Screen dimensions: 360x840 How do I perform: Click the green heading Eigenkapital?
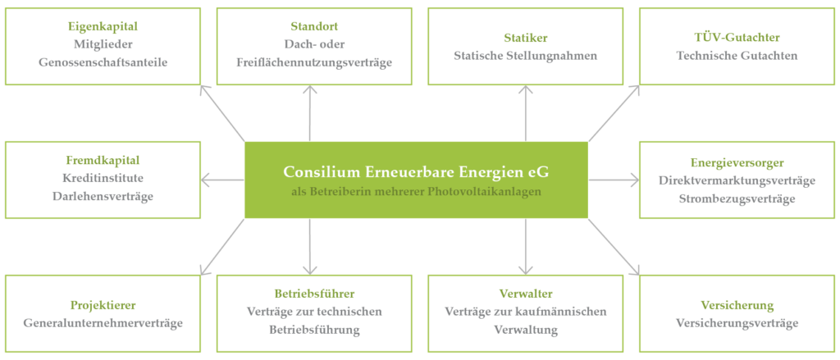[x=103, y=25]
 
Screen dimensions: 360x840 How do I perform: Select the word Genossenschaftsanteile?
[x=103, y=62]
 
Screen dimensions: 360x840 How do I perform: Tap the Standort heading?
[x=313, y=25]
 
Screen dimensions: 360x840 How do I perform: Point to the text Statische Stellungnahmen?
[x=525, y=56]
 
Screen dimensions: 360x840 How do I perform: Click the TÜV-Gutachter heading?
[x=737, y=38]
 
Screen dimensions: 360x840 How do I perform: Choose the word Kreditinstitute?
[x=103, y=178]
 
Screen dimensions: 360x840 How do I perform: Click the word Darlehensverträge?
[x=103, y=196]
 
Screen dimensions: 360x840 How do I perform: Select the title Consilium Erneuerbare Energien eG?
[x=416, y=172]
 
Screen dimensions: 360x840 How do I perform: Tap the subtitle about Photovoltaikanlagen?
[x=416, y=192]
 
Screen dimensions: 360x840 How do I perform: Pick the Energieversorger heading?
[x=737, y=162]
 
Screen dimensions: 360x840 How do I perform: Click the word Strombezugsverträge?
[x=737, y=198]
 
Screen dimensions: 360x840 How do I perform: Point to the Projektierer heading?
[x=103, y=305]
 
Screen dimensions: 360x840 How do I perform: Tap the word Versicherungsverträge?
[x=737, y=323]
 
